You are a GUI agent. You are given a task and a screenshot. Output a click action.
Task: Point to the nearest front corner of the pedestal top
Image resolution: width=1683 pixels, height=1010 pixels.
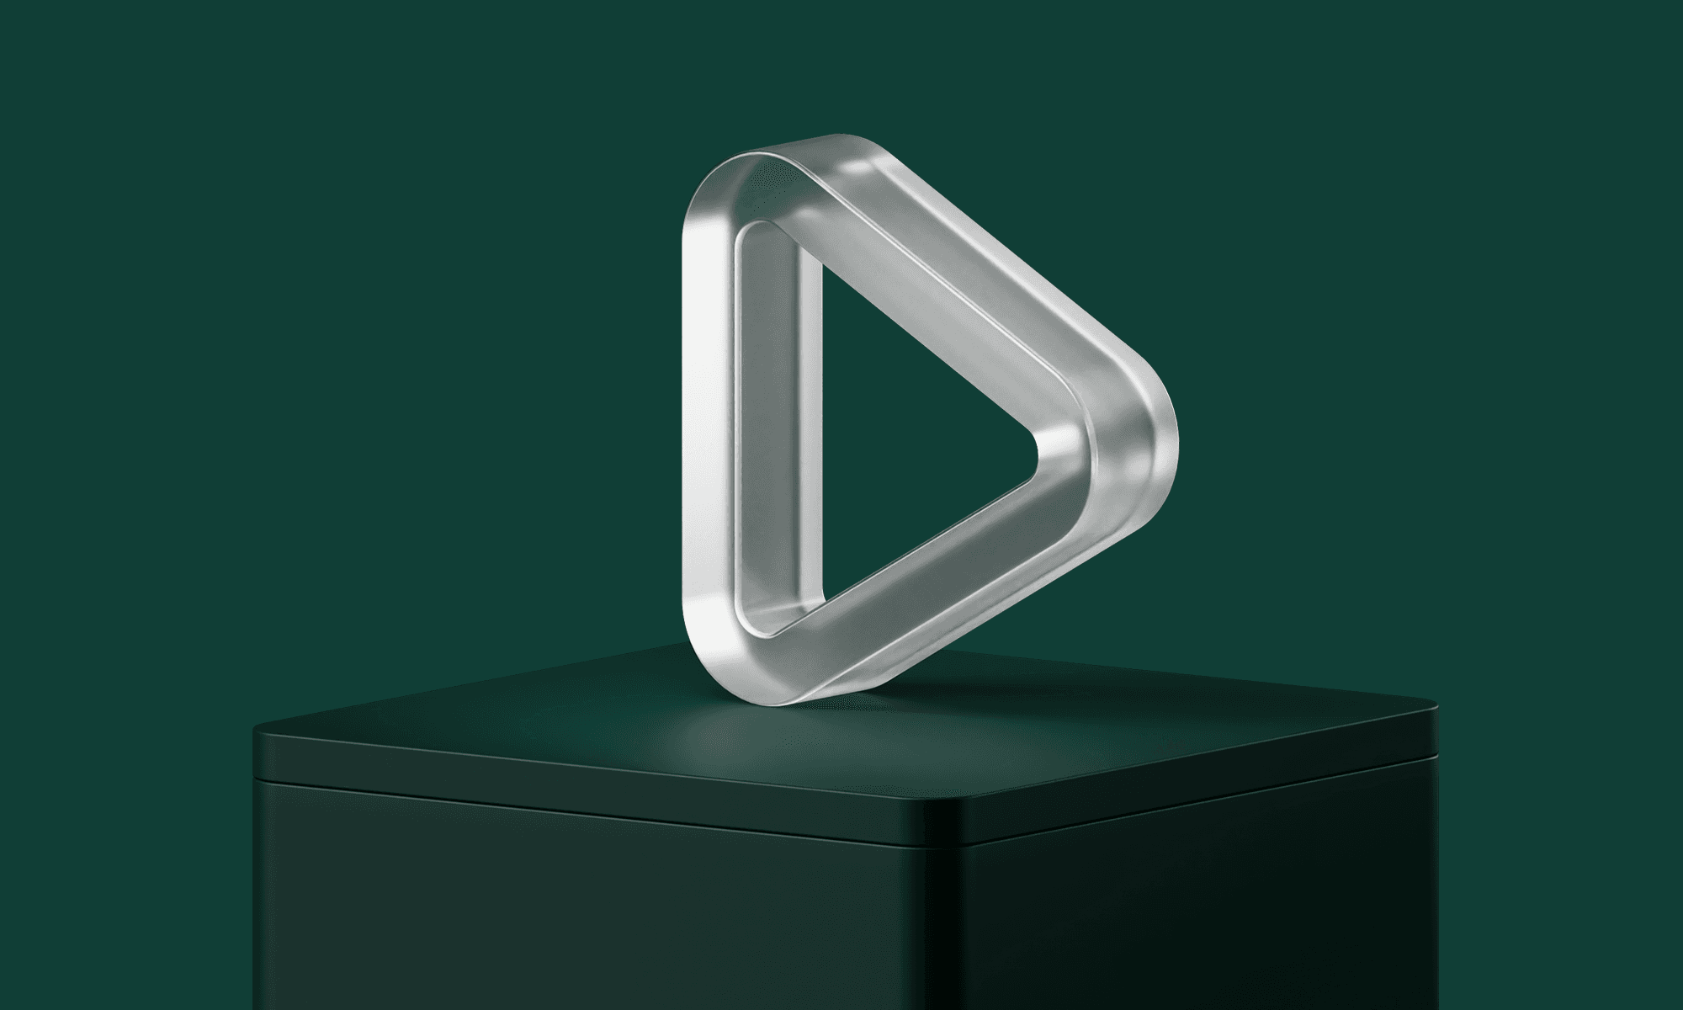point(947,804)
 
